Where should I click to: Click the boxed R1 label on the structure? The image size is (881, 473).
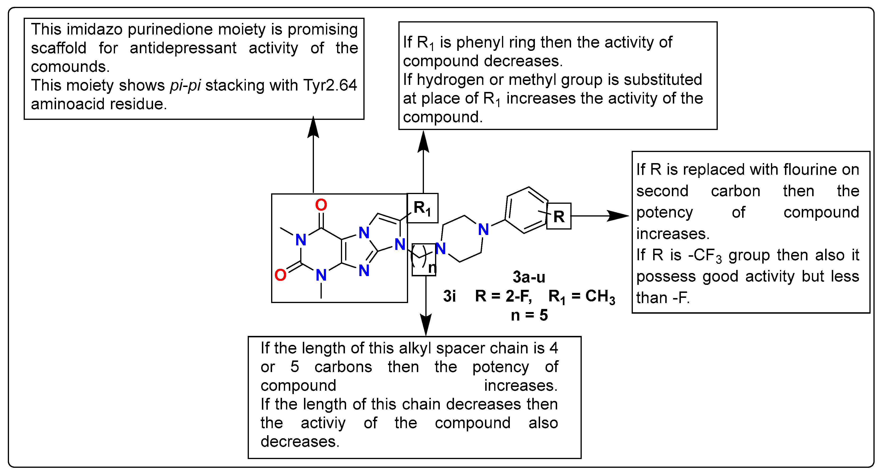(x=422, y=208)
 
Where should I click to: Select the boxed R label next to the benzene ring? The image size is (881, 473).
(x=559, y=216)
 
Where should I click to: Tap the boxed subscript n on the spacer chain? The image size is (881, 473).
(x=432, y=268)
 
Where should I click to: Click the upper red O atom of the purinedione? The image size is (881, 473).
(x=321, y=205)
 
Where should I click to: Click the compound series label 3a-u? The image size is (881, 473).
(x=529, y=277)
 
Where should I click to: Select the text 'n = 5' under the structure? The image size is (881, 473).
(x=529, y=315)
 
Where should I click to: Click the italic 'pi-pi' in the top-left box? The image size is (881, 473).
(x=185, y=85)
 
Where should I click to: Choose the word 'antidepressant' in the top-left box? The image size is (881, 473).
(x=183, y=48)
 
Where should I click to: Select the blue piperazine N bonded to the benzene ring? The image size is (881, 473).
(x=483, y=229)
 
